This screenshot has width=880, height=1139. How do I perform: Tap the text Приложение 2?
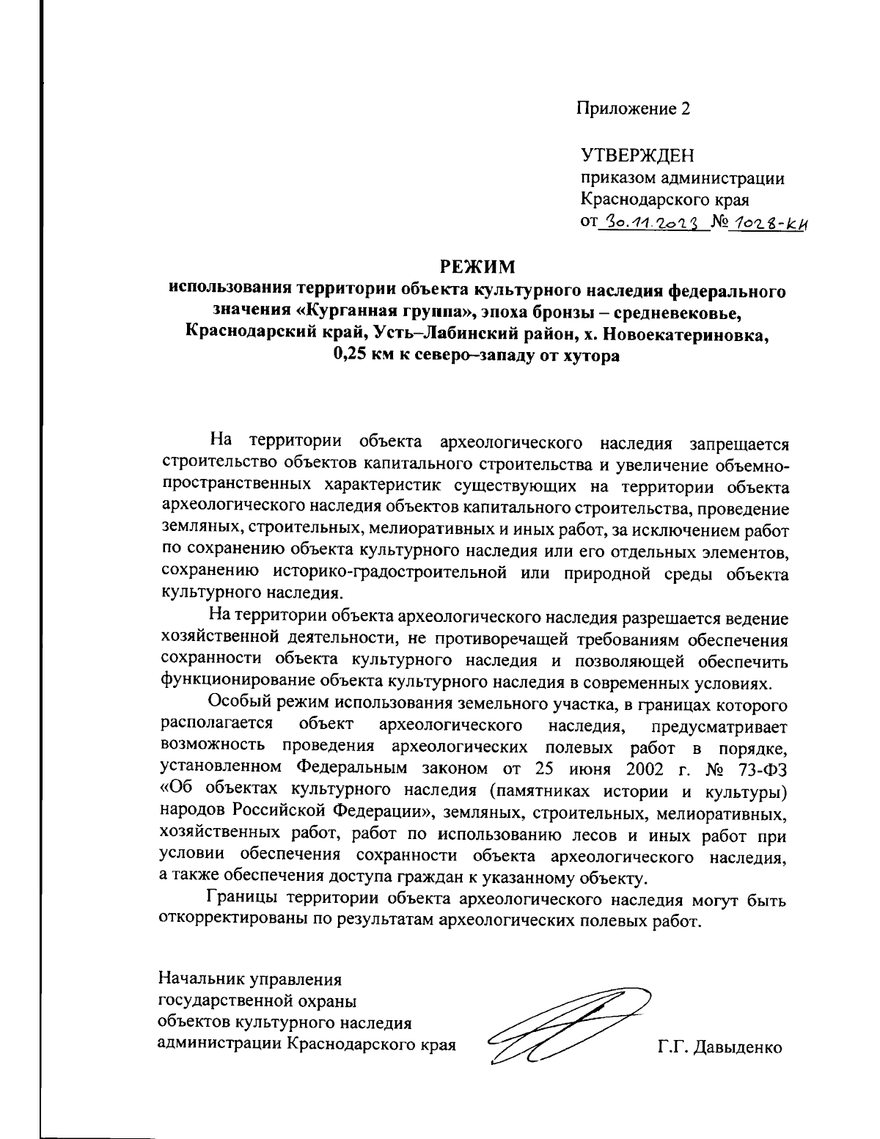point(633,109)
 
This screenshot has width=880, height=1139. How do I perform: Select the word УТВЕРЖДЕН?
point(637,155)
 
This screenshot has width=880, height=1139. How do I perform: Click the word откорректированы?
point(234,920)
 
